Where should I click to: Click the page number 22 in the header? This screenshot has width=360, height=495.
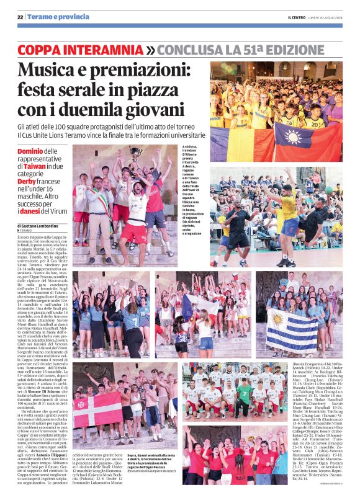[x=20, y=17]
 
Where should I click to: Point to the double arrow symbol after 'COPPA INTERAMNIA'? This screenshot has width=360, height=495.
[x=150, y=49]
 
